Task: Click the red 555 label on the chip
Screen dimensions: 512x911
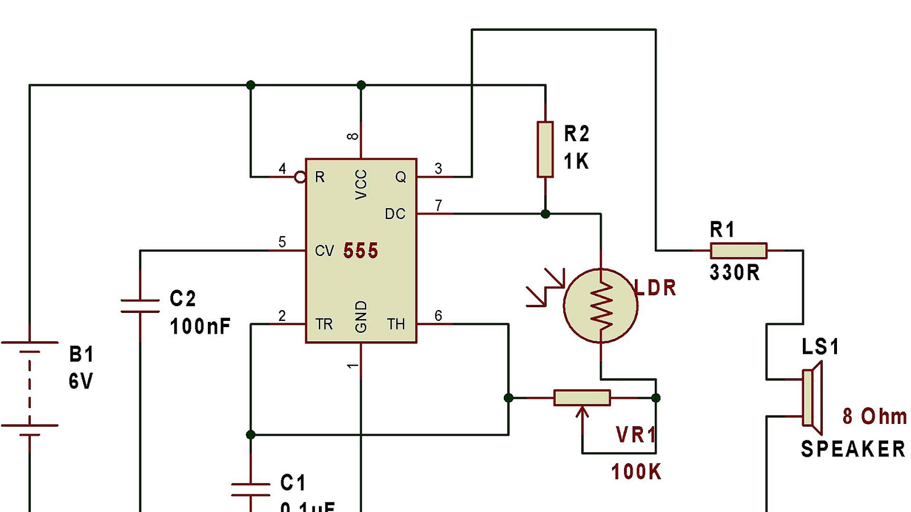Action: (x=360, y=251)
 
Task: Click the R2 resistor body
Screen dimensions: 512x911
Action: (x=545, y=149)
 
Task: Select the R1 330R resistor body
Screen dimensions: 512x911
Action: (x=738, y=250)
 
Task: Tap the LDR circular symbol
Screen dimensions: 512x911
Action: (x=600, y=306)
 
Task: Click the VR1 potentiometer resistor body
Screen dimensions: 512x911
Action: (x=582, y=398)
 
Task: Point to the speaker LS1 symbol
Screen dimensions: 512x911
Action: (x=812, y=398)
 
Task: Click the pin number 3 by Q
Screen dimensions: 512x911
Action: (x=438, y=168)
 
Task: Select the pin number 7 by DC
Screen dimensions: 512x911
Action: (x=438, y=205)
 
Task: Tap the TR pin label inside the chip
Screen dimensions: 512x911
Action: (x=324, y=324)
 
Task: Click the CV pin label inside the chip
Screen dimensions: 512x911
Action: (x=324, y=251)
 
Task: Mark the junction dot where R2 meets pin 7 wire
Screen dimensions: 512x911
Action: (x=545, y=214)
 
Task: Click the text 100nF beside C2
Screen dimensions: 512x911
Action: (x=200, y=327)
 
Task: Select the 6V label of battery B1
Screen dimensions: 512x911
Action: (x=80, y=381)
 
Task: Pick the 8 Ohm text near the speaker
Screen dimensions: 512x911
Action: (x=875, y=416)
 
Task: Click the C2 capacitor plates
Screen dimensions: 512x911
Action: (x=140, y=306)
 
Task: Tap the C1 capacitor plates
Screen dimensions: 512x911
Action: (x=251, y=489)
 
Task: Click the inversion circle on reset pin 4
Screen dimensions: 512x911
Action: (x=300, y=177)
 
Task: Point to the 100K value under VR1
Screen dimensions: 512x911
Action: (x=636, y=472)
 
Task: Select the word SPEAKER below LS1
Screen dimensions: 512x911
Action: (x=852, y=449)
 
